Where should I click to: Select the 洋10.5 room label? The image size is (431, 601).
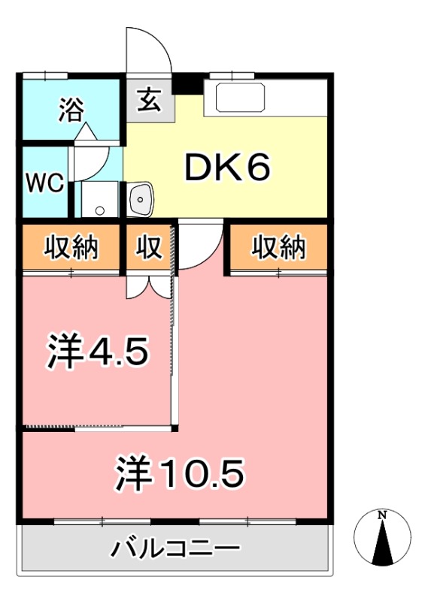click(181, 473)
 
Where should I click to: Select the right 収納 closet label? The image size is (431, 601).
click(278, 247)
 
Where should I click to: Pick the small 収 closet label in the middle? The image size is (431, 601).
click(150, 247)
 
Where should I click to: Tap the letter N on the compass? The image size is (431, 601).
click(382, 515)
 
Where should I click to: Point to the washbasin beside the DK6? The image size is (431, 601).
click(141, 198)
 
